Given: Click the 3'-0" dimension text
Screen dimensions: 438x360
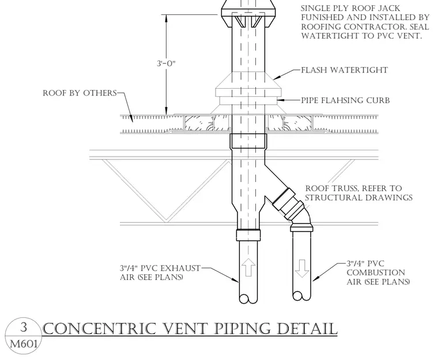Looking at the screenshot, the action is coord(166,64).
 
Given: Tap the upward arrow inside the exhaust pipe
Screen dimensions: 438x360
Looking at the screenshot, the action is coord(248,267).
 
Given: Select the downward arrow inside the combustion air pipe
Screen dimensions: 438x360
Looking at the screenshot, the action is coord(301,268).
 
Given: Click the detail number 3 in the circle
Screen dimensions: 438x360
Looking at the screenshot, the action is coord(24,327).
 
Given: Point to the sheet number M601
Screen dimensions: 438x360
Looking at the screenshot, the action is coord(24,343).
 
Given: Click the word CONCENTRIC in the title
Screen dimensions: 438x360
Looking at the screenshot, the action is coord(100,329).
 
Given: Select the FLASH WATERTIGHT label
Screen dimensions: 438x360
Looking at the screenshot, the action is coord(345,70).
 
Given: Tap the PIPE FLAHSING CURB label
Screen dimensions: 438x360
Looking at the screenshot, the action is coord(345,100).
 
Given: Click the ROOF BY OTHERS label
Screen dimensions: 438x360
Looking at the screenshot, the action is coord(80,93).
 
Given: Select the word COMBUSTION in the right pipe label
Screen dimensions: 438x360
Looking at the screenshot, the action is coord(376,272).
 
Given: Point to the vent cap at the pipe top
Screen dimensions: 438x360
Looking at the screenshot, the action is coord(248,14).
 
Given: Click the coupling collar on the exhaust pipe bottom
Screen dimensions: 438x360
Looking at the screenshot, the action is coord(248,234).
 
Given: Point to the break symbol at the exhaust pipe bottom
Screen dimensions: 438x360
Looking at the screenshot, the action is coord(248,299).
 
